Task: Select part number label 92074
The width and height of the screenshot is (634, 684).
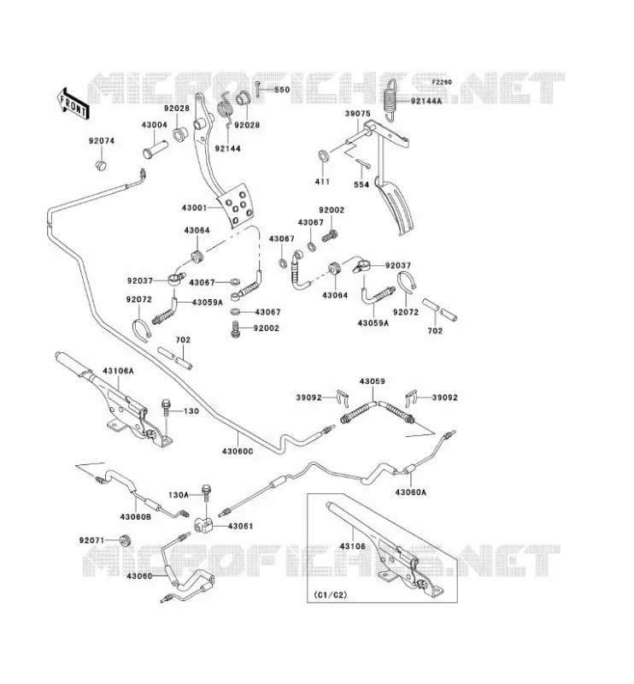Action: (x=102, y=141)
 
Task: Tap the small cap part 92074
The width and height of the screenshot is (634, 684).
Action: (x=102, y=165)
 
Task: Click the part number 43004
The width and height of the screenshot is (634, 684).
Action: (x=154, y=125)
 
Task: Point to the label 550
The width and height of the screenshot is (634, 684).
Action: (x=282, y=90)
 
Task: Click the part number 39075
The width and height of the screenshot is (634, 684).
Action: (x=357, y=114)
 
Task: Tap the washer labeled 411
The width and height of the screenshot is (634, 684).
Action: (x=324, y=156)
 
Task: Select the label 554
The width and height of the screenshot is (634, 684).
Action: (x=361, y=185)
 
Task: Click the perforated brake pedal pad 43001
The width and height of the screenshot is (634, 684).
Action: (x=236, y=205)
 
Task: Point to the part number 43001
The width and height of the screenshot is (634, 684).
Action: (x=195, y=208)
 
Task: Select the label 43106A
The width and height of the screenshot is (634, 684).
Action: (x=118, y=371)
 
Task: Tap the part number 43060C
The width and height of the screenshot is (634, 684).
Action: (x=238, y=451)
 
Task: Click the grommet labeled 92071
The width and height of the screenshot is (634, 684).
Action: (x=126, y=540)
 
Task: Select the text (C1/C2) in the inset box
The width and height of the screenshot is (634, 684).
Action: (x=331, y=594)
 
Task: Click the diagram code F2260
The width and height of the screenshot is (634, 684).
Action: (x=442, y=82)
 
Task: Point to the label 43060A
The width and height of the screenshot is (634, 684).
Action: (x=411, y=492)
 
